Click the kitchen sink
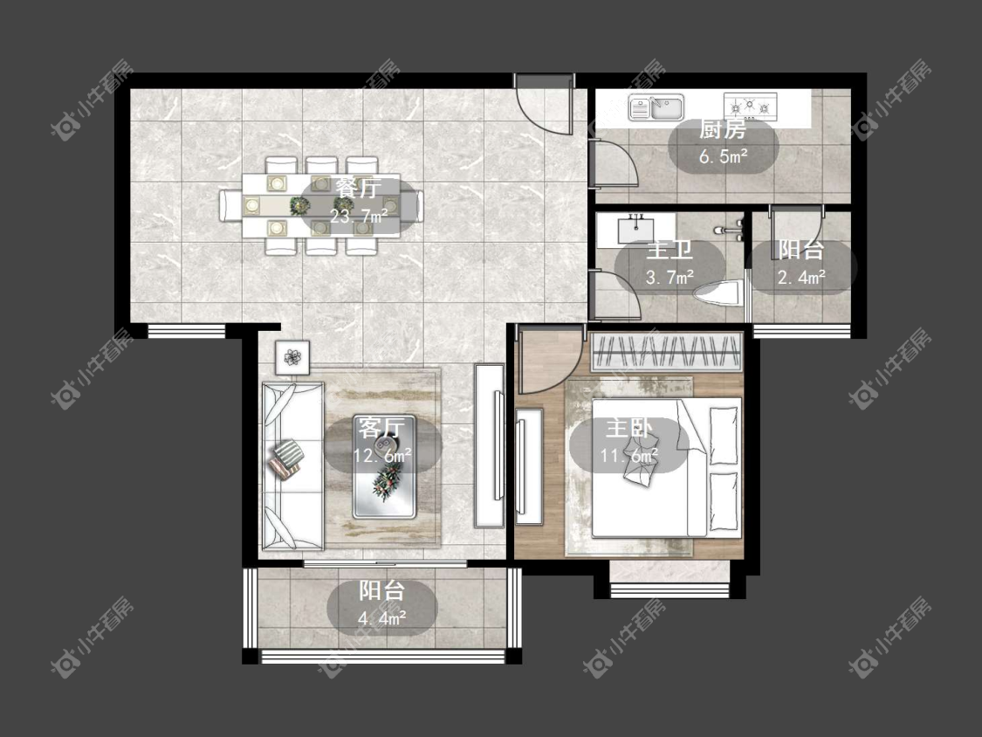(x=656, y=107)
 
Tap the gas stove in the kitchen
(x=751, y=107)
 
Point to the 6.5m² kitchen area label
(x=724, y=156)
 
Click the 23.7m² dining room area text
(x=359, y=217)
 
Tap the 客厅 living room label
(x=381, y=428)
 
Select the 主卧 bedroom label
(x=628, y=429)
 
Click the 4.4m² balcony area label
(x=382, y=619)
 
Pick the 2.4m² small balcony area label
(x=801, y=276)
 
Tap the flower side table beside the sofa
(x=292, y=358)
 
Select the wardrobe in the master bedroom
(x=666, y=352)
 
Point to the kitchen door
(x=614, y=163)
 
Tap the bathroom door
(x=615, y=295)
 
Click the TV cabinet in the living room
(x=490, y=445)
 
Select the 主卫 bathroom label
(x=670, y=250)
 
